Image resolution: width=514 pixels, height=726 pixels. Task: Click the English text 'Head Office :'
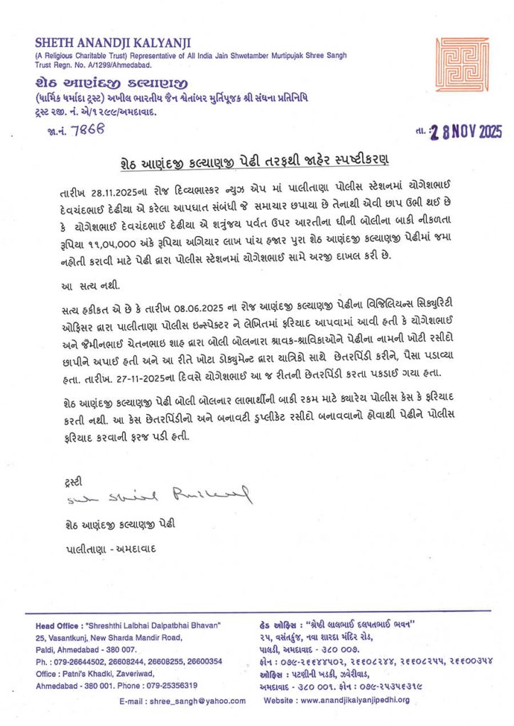pyautogui.click(x=59, y=626)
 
